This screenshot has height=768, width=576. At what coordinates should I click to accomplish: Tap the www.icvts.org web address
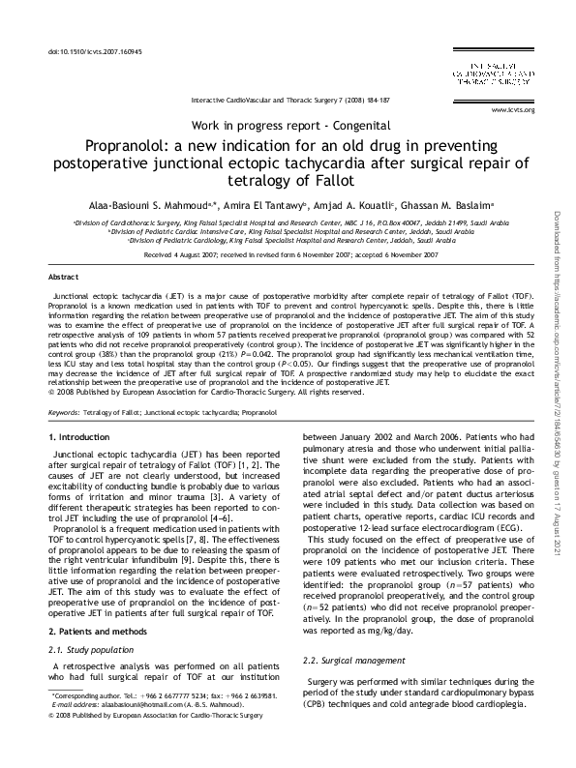coord(513,110)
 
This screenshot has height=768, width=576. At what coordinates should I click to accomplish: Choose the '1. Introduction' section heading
coord(79,438)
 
